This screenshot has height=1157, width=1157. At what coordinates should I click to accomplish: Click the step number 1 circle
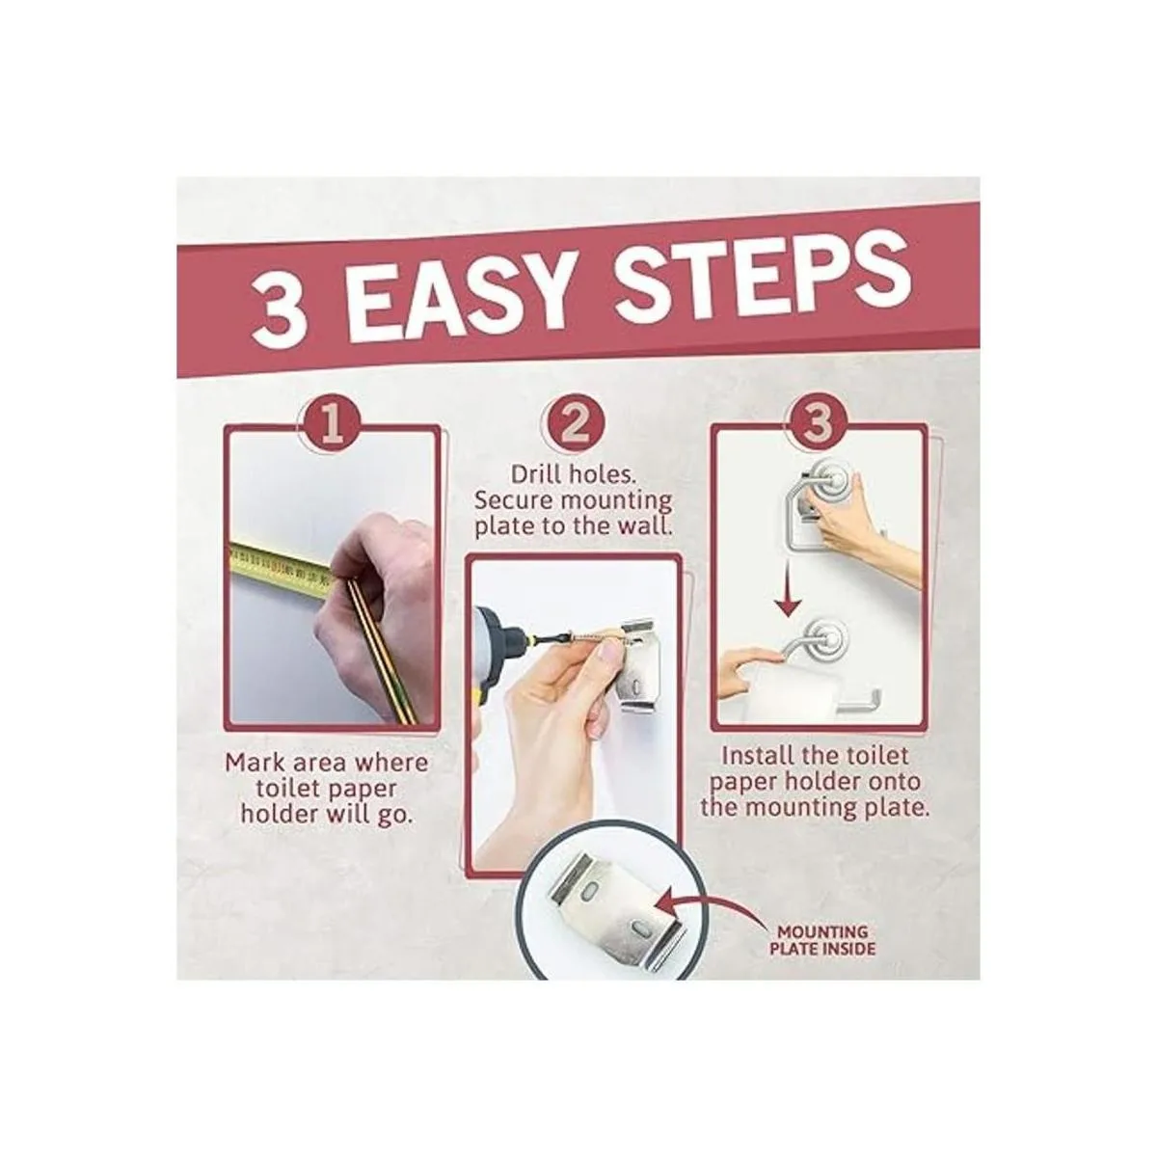point(332,426)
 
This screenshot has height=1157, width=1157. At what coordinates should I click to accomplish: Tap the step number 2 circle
point(574,426)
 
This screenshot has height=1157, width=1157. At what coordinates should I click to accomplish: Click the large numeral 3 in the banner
point(279,310)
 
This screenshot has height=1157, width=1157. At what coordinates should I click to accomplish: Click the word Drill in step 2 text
point(533,475)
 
